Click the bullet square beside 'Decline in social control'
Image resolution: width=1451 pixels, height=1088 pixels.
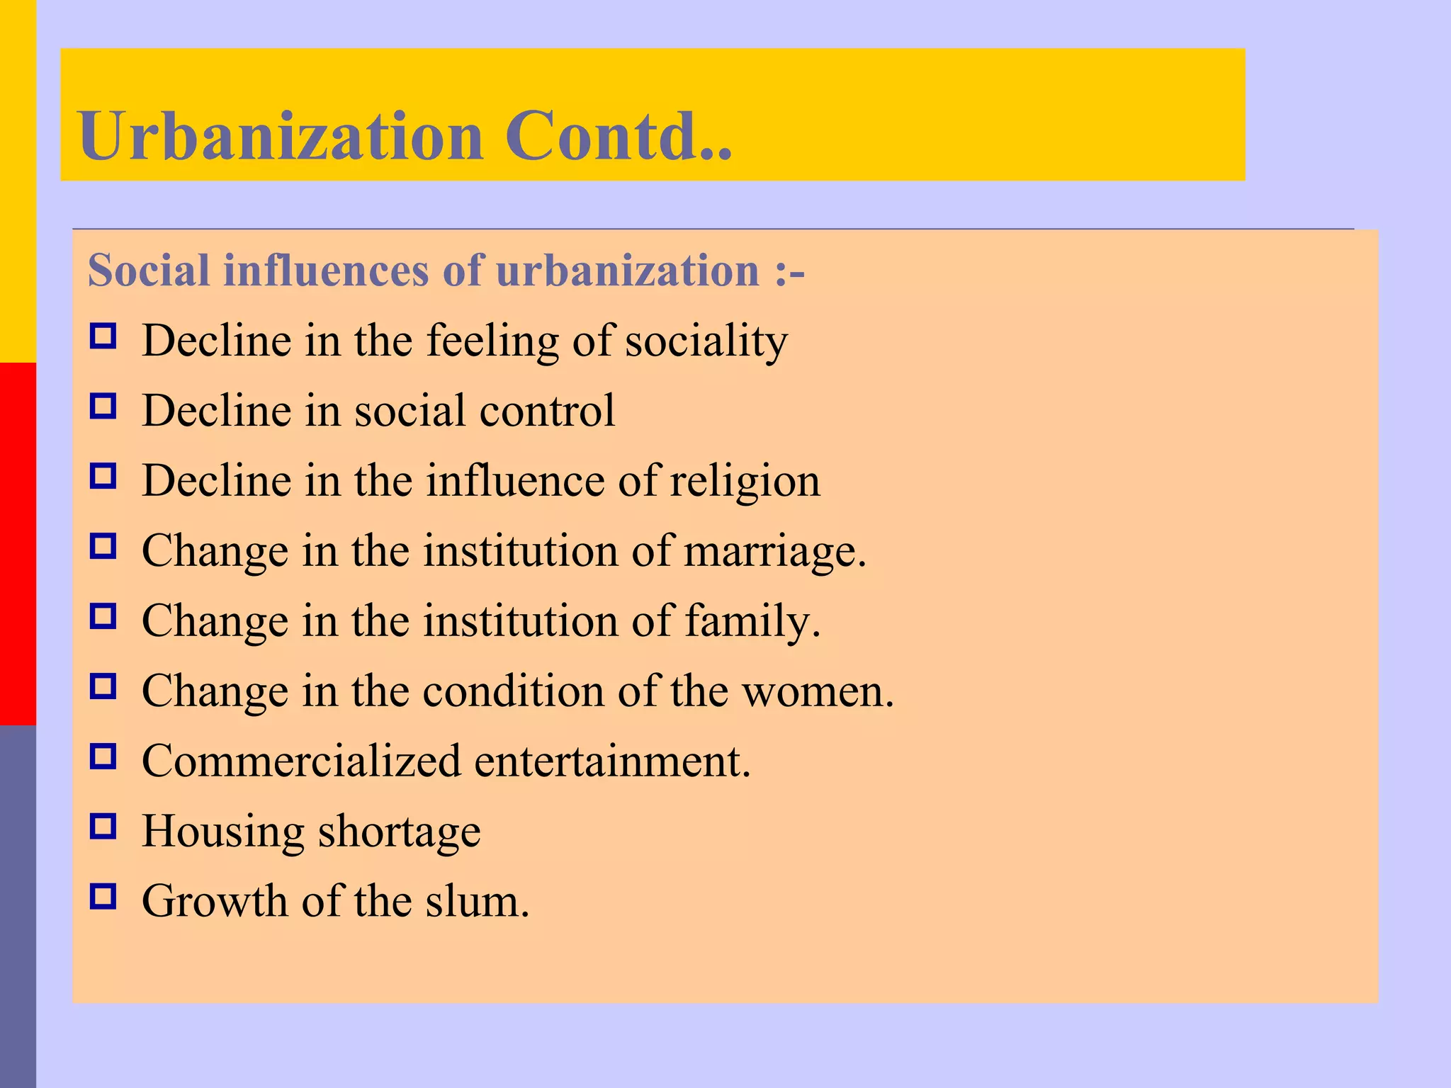pyautogui.click(x=103, y=406)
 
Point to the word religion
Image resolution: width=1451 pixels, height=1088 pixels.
pyautogui.click(x=745, y=481)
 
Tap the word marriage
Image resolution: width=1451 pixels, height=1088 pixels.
pyautogui.click(x=774, y=551)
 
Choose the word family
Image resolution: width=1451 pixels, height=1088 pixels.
pyautogui.click(x=752, y=621)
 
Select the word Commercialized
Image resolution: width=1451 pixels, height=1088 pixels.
pyautogui.click(x=301, y=761)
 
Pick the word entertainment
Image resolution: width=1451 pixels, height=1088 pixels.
pyautogui.click(x=612, y=761)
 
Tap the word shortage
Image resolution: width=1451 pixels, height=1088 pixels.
pyautogui.click(x=400, y=831)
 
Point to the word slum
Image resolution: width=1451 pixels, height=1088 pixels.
pyautogui.click(x=477, y=901)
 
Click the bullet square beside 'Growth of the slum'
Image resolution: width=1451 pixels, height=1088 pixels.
pyautogui.click(x=103, y=896)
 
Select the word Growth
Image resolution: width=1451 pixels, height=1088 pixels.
pyautogui.click(x=214, y=901)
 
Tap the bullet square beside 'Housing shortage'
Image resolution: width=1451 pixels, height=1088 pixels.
pyautogui.click(x=103, y=826)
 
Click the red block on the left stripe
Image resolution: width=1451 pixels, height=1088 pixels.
pyautogui.click(x=18, y=543)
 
